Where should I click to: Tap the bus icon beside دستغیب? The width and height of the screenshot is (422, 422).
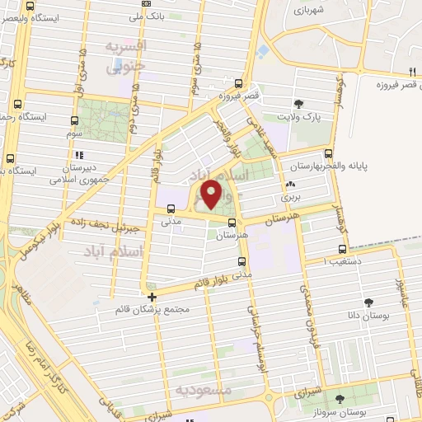341,250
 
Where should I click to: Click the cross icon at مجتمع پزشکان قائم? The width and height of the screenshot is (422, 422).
152,297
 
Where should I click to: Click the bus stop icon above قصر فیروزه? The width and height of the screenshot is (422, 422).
238,82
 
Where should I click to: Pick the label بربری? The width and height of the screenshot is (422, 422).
291,197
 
